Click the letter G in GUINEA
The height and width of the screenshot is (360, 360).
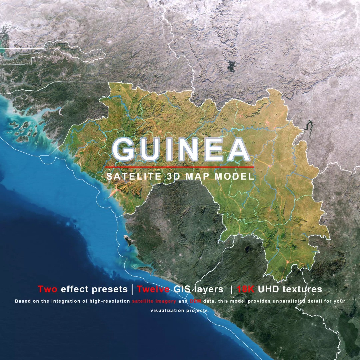tap(125, 149)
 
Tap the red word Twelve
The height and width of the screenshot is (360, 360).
tap(154, 289)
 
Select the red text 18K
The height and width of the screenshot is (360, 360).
tap(246, 289)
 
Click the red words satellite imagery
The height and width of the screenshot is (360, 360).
tap(154, 301)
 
